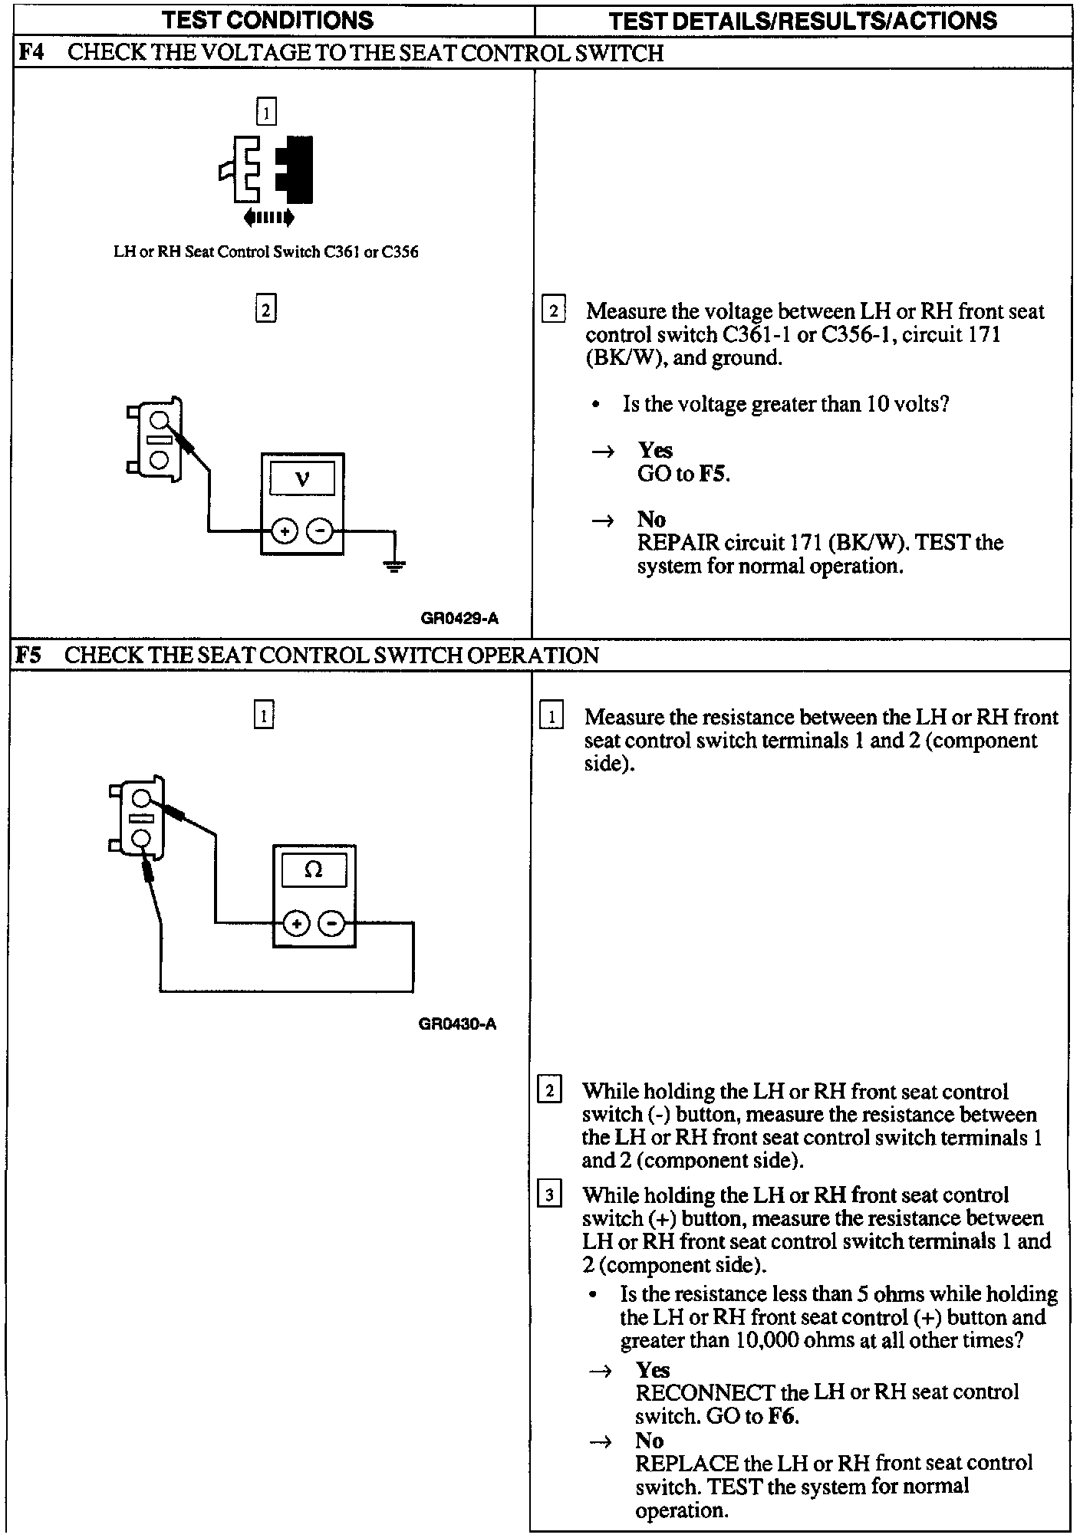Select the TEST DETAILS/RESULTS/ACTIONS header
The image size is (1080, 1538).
click(x=802, y=20)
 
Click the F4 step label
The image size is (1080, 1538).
click(x=30, y=53)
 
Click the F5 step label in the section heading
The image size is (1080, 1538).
click(x=29, y=656)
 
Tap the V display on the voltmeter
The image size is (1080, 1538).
click(x=302, y=479)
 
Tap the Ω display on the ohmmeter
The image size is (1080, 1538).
click(x=314, y=869)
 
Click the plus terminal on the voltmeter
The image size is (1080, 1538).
click(x=285, y=531)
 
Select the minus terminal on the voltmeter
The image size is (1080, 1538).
click(x=321, y=531)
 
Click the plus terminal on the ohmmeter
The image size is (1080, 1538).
click(x=296, y=923)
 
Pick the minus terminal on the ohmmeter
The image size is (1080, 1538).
click(x=332, y=923)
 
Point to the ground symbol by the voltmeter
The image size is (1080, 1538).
click(x=394, y=567)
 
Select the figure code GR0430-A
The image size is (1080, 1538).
click(x=457, y=1024)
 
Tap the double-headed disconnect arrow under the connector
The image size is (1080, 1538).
click(x=268, y=219)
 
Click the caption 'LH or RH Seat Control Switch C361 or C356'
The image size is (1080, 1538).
click(x=266, y=252)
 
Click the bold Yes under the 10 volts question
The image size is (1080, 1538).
click(x=655, y=450)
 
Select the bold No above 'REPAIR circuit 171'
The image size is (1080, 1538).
click(x=651, y=519)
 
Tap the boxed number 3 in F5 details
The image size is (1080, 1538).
click(x=549, y=1195)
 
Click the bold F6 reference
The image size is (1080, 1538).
click(x=782, y=1416)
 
